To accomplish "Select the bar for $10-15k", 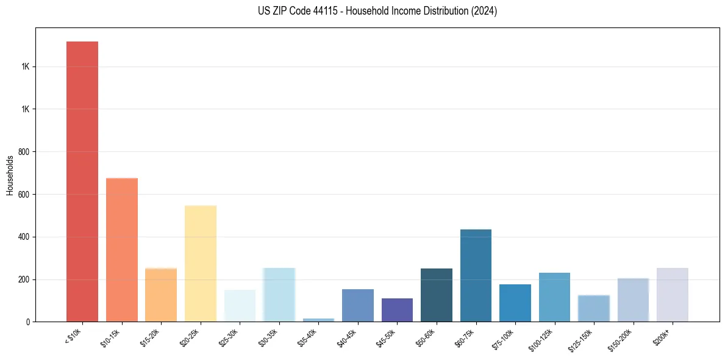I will coord(121,250).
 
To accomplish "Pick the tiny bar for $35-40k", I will coord(318,320).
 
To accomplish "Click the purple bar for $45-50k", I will coord(397,310).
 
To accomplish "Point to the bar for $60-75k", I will coord(476,276).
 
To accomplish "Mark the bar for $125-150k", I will coord(593,308).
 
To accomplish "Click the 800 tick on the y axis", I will coord(25,151).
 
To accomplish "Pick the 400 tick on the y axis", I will coord(25,237).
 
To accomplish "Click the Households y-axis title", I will coord(10,175).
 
